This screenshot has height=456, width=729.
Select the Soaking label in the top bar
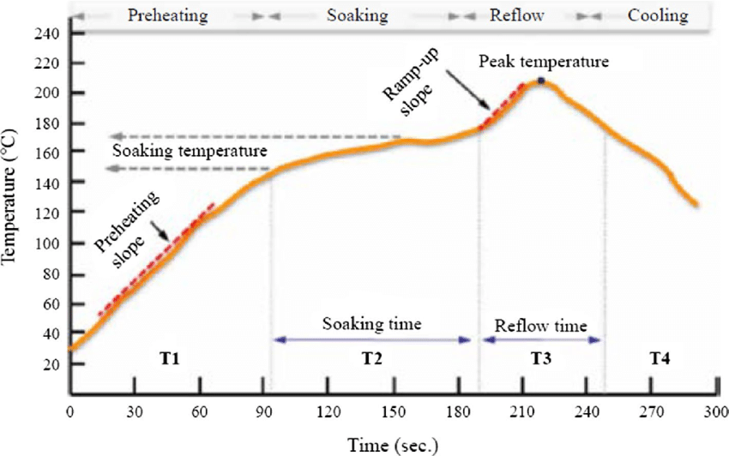click(359, 15)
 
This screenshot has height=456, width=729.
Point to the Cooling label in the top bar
click(657, 15)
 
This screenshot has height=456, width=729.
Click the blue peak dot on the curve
click(541, 81)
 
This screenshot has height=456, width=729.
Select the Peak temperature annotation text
click(544, 62)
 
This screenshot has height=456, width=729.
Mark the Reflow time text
click(541, 326)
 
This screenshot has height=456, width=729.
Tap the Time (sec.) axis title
click(392, 443)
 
